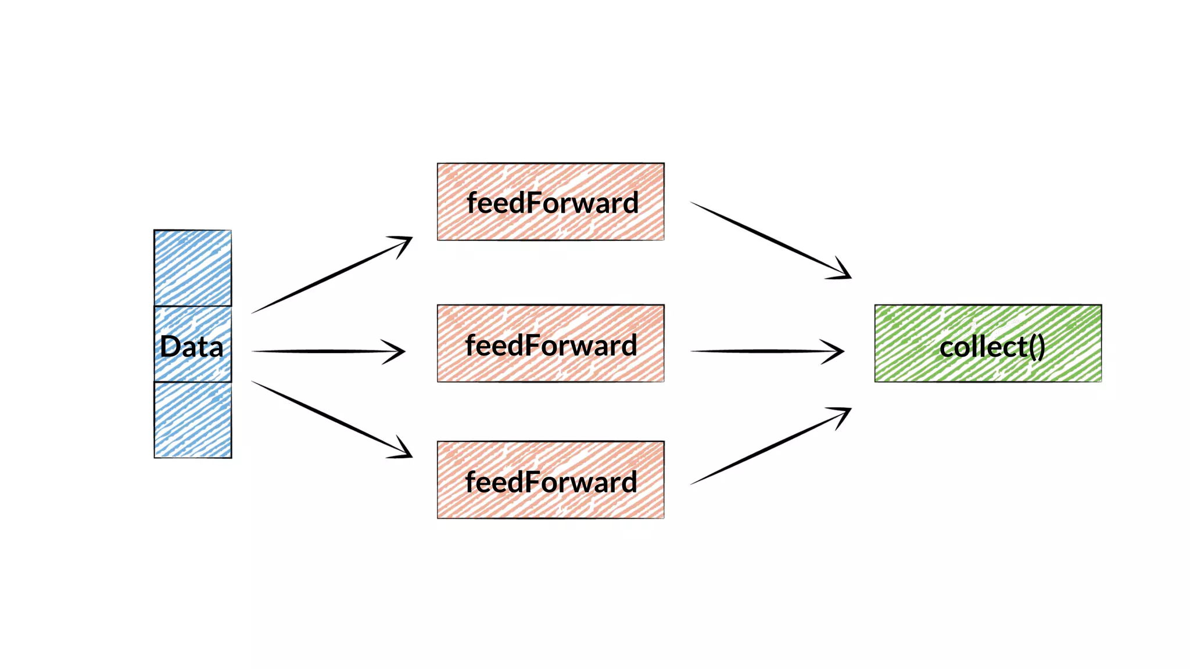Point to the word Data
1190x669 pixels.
192,347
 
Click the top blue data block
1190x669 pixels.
192,268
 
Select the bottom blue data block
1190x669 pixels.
192,420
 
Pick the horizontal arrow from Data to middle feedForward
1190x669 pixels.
325,351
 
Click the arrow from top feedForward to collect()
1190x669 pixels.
767,239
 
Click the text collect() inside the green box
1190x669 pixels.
992,347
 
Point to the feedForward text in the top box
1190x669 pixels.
552,203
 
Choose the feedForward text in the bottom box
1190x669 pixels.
551,483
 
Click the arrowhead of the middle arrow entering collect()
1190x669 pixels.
837,351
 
